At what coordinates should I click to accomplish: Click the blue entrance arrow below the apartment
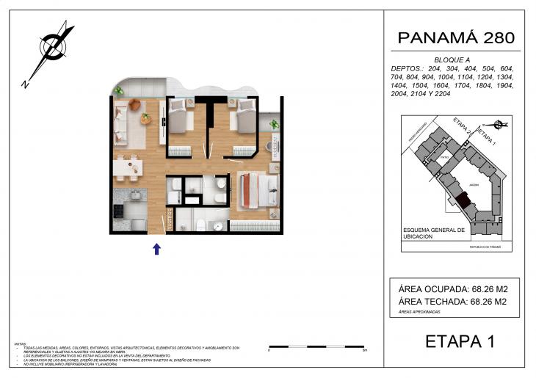click(x=156, y=249)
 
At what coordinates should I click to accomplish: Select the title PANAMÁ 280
click(x=455, y=37)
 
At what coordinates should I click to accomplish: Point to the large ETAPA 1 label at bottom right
click(x=460, y=341)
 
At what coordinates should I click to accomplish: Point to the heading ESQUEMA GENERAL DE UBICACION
click(x=434, y=233)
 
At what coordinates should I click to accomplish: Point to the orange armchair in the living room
click(x=134, y=106)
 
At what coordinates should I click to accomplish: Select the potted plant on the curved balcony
click(x=117, y=91)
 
